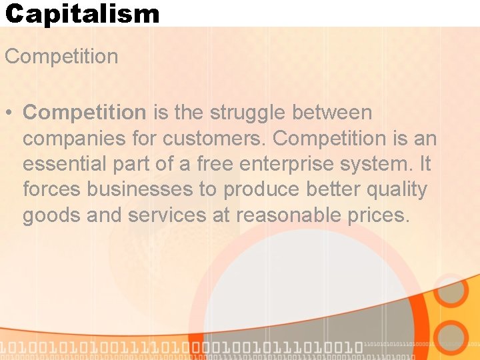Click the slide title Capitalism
click(82, 13)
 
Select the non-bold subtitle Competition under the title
click(61, 57)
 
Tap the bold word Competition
click(84, 113)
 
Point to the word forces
click(52, 190)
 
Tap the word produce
click(261, 190)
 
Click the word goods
click(50, 215)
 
